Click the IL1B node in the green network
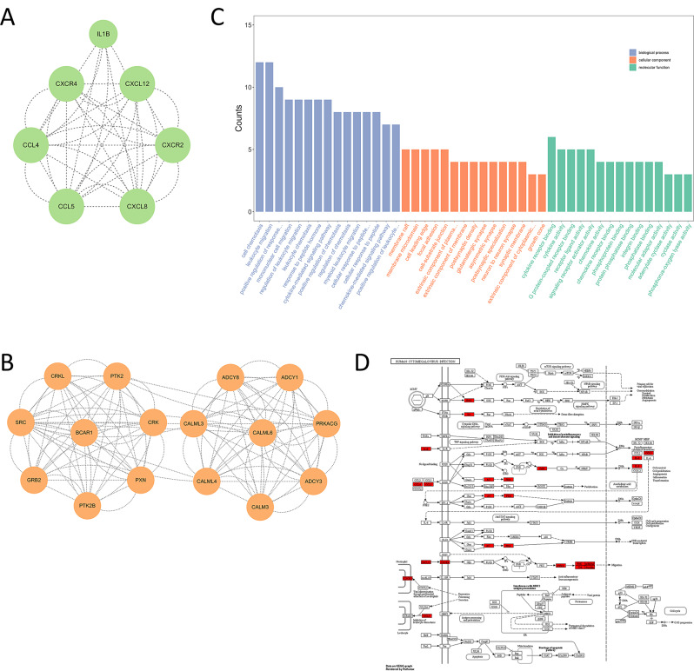click(107, 37)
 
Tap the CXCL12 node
click(143, 82)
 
